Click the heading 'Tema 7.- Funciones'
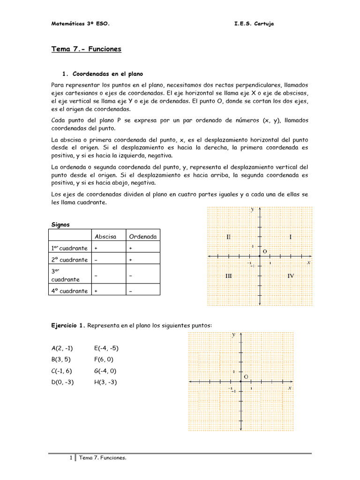pos(86,49)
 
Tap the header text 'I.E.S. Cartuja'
pos(254,24)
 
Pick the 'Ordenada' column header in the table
pos(143,236)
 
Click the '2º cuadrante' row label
pos(69,260)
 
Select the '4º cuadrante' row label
pos(69,291)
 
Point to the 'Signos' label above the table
pos(60,225)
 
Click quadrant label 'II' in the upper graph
pos(228,237)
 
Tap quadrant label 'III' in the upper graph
pos(228,276)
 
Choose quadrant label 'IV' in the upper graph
pos(291,276)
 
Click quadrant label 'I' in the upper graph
pos(291,237)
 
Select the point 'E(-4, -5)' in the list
pos(106,348)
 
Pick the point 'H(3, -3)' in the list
pos(105,382)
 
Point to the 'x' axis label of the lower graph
pos(290,388)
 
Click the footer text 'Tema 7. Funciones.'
pos(103,458)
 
